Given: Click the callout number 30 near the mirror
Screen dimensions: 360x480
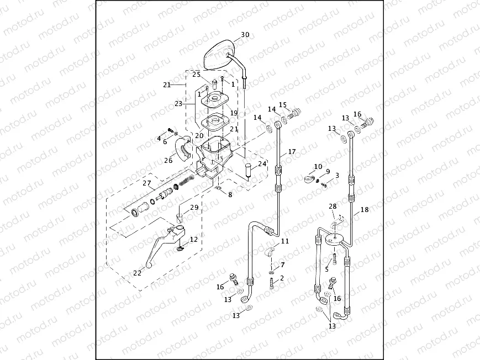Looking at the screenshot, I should (245, 35).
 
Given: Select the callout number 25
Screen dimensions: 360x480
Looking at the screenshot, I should (196, 74).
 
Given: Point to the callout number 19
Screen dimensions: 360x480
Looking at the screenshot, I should (234, 113).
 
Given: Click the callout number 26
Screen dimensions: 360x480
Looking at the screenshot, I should (168, 161).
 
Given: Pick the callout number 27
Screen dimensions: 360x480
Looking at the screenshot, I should (147, 184).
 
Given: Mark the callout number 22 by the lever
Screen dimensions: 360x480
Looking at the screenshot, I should (136, 272).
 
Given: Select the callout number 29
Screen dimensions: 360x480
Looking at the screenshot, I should (194, 208).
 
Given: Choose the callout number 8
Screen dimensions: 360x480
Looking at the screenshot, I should (230, 194).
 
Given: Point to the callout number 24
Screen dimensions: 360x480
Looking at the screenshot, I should (262, 164).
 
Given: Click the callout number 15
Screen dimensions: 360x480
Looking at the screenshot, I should (283, 105).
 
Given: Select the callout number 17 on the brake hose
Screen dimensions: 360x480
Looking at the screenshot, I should (292, 151).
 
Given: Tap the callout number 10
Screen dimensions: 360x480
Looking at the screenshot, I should (318, 166).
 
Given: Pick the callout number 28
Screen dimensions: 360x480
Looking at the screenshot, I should (333, 206).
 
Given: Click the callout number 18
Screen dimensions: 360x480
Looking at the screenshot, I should (364, 210).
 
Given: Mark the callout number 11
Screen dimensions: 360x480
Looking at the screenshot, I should (284, 241).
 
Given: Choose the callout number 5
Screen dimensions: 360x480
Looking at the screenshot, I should (326, 269).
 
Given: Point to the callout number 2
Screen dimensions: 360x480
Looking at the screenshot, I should (282, 278).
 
